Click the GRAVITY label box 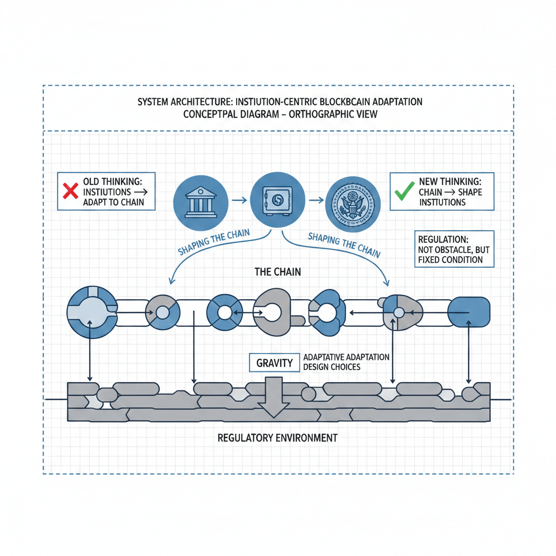275,363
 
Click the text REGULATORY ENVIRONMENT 277,438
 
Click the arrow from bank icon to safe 237,200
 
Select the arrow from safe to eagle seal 313,200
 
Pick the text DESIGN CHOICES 332,367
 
